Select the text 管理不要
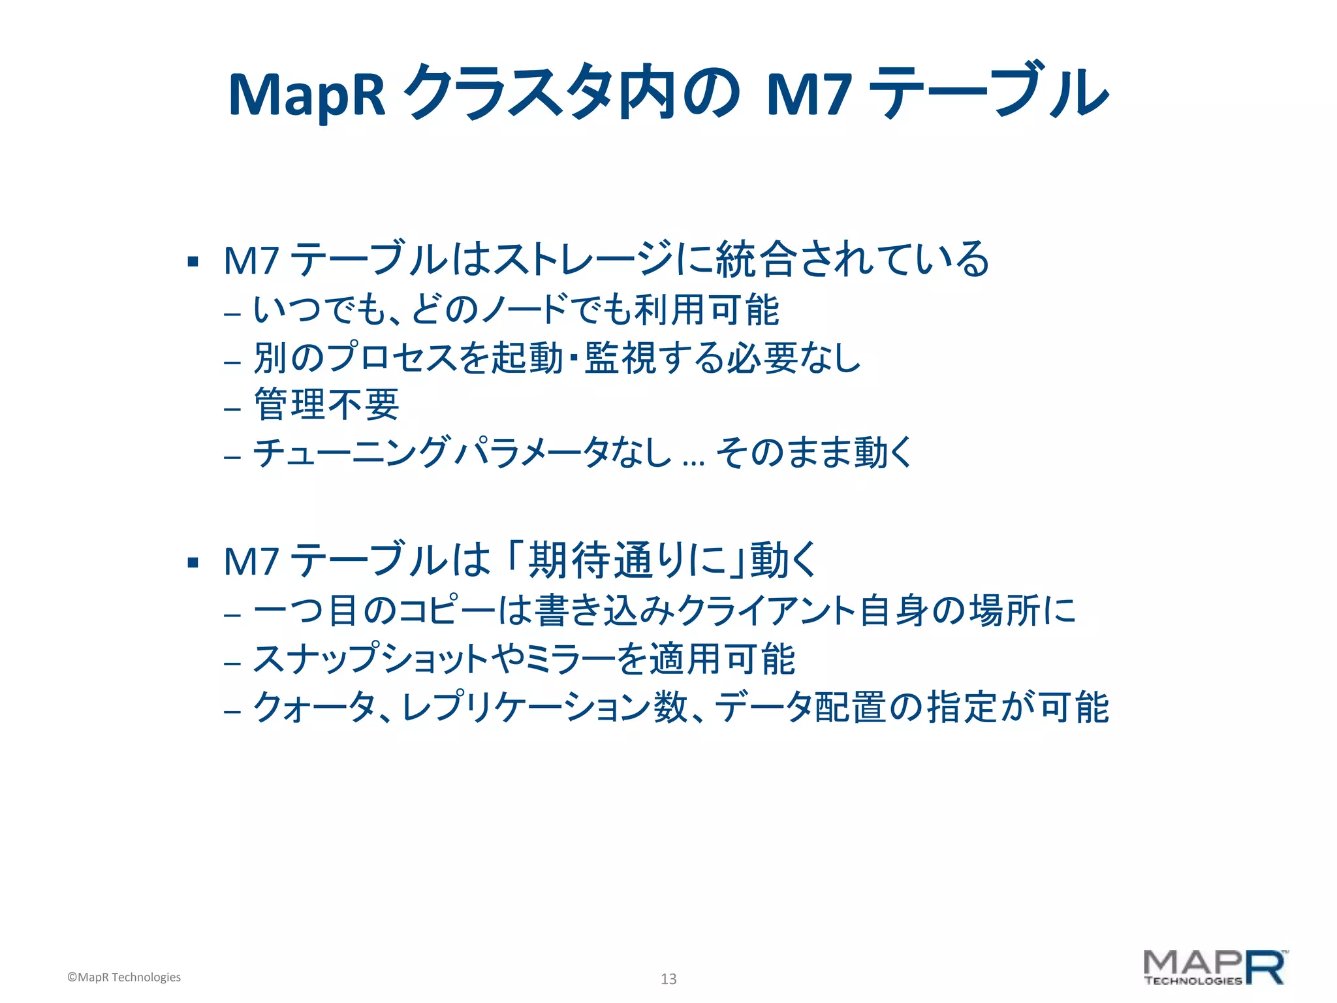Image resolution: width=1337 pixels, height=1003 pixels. (x=326, y=405)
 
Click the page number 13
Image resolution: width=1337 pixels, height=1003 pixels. (x=668, y=979)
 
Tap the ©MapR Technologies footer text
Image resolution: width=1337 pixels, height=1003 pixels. (x=124, y=977)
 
